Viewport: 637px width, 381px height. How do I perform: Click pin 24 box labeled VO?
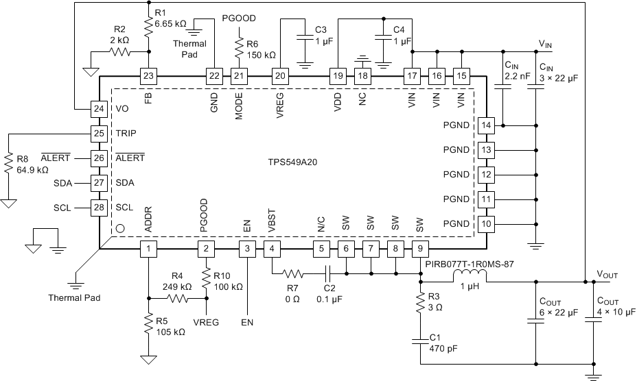click(100, 108)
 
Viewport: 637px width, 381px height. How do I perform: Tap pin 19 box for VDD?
click(338, 75)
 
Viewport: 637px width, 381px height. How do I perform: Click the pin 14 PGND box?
click(486, 125)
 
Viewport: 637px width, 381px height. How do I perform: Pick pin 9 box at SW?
click(419, 249)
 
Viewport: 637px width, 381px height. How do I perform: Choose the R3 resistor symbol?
click(420, 306)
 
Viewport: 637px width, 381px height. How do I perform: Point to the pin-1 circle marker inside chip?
click(120, 230)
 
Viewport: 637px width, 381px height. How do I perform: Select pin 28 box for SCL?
click(100, 207)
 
